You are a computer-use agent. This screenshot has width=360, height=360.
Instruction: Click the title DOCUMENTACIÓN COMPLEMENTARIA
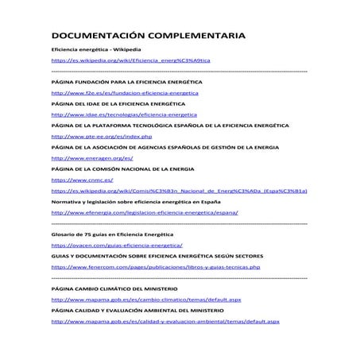point(149,37)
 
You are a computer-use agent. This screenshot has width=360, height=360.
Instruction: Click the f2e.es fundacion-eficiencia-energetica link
point(125,93)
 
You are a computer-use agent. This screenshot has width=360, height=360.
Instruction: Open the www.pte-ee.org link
point(101,137)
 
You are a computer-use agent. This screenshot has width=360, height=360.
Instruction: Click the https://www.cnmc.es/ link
point(79,180)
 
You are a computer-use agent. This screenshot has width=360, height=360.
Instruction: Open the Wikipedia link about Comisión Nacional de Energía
point(179,192)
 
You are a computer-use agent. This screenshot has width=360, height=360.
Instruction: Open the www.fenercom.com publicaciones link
point(156,268)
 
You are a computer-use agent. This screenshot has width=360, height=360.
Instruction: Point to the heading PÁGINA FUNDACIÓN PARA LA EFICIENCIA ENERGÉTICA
point(126,82)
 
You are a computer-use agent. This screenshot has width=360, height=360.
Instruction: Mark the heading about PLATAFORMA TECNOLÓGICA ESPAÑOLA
point(169,126)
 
